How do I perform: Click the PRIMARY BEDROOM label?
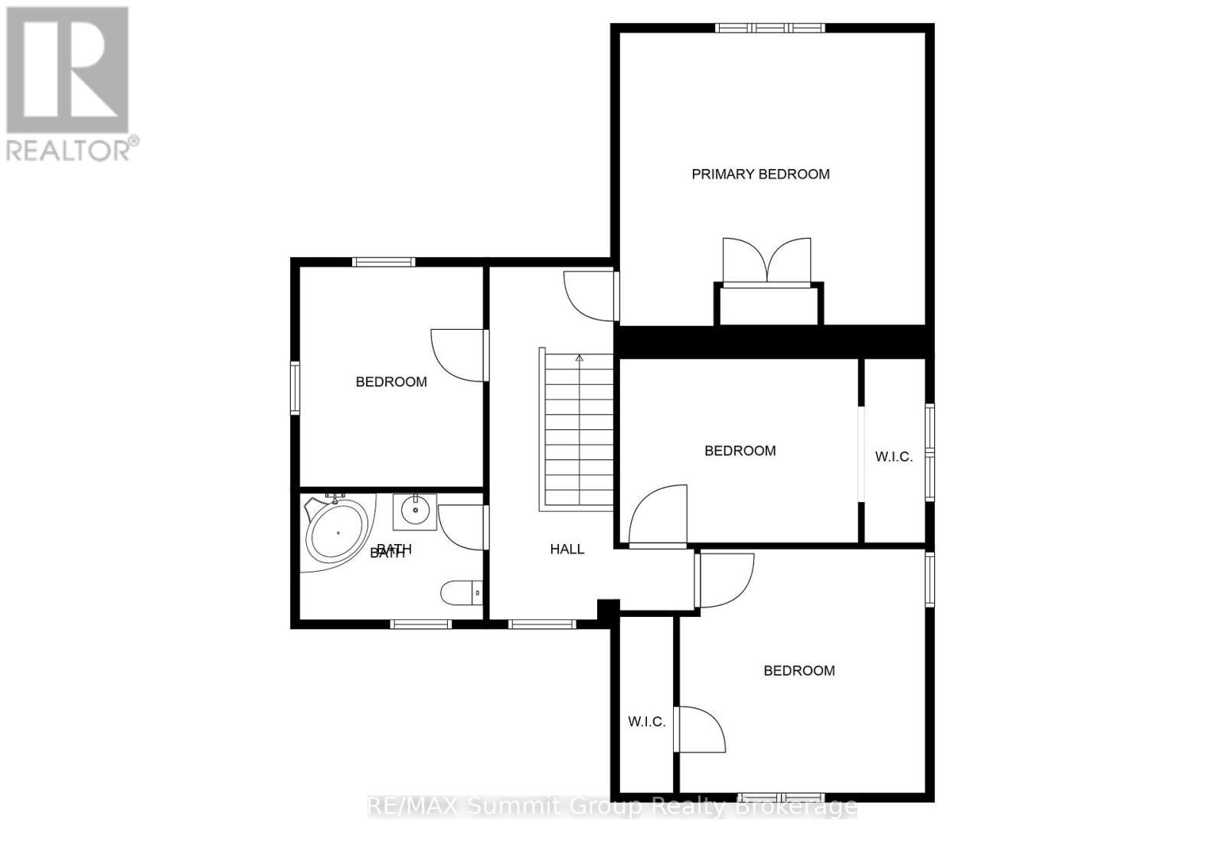coord(760,174)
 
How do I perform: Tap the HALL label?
coord(567,549)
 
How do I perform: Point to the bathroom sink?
coord(415,510)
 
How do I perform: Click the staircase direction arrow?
coord(580,358)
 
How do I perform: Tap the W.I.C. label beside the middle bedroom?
coord(893,457)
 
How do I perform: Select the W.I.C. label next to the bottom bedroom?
coord(646,722)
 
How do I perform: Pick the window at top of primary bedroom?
coord(770,28)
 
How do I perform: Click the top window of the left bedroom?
coord(384,262)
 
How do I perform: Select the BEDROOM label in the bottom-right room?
coord(799,671)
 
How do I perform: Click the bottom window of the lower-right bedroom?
coord(781,797)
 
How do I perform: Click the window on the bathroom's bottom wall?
coord(420,624)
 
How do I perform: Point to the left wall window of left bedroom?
coord(295,388)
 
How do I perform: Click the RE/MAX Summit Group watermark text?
coord(612,807)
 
